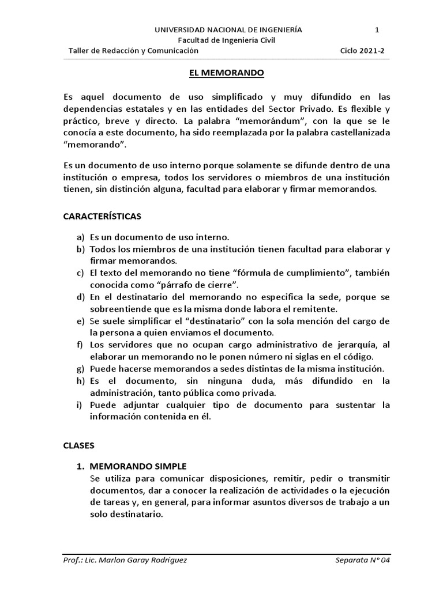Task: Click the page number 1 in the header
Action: click(x=377, y=29)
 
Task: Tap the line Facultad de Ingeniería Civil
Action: click(x=226, y=40)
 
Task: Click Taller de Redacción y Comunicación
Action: click(x=133, y=51)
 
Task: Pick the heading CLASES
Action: click(x=78, y=445)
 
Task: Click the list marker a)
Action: click(x=80, y=237)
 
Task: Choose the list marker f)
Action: click(x=80, y=345)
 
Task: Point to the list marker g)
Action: click(x=80, y=369)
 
